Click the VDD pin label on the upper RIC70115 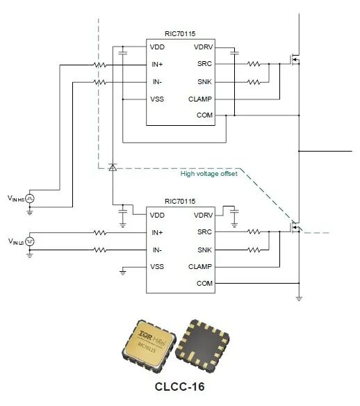tap(157, 47)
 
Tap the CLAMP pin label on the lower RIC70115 tap(200, 267)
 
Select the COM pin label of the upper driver tap(204, 115)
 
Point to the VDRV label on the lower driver tap(204, 216)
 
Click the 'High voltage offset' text tap(209, 174)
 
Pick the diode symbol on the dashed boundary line tap(113, 168)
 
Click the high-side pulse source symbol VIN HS tap(30, 199)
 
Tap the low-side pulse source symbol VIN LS tap(30, 241)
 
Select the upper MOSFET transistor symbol tap(295, 60)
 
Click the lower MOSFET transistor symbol tap(295, 227)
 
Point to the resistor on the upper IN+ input tap(99, 65)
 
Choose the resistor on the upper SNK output tap(254, 82)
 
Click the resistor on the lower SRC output tap(254, 232)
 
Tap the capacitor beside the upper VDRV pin tap(234, 53)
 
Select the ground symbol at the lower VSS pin tap(123, 272)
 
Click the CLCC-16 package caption tap(179, 387)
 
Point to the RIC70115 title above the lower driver tap(180, 202)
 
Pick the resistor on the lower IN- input tap(99, 250)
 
